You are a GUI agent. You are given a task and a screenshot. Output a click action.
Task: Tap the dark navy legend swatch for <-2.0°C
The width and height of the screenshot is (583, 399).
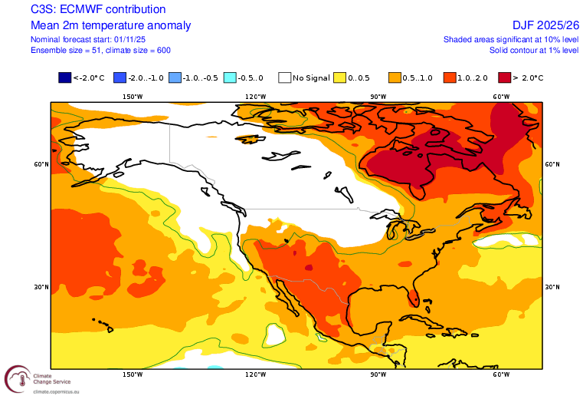click(x=64, y=77)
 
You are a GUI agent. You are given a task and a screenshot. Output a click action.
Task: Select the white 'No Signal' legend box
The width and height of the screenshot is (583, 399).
click(x=285, y=77)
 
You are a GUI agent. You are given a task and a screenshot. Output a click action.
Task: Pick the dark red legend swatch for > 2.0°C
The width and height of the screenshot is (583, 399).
click(x=505, y=77)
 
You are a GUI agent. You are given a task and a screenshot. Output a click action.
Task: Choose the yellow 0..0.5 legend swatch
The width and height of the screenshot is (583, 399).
click(x=340, y=77)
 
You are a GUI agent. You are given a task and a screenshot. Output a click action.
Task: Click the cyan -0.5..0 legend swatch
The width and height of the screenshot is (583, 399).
click(x=230, y=77)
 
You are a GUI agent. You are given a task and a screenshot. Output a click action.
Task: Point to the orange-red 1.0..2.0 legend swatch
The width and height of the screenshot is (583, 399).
click(x=450, y=77)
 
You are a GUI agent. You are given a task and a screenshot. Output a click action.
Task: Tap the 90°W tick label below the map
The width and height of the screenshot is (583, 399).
click(x=378, y=374)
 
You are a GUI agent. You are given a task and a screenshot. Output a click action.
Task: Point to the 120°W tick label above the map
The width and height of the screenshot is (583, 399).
click(x=255, y=97)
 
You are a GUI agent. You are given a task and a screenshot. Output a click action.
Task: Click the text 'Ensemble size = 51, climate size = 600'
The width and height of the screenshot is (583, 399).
click(x=100, y=50)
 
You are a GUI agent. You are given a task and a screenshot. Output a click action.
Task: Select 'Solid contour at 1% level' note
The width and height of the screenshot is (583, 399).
click(x=534, y=50)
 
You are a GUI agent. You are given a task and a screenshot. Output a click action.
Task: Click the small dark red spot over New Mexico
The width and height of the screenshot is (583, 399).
click(x=309, y=268)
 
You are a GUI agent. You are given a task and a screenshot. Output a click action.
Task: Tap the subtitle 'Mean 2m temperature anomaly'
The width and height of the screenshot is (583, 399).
click(x=110, y=25)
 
